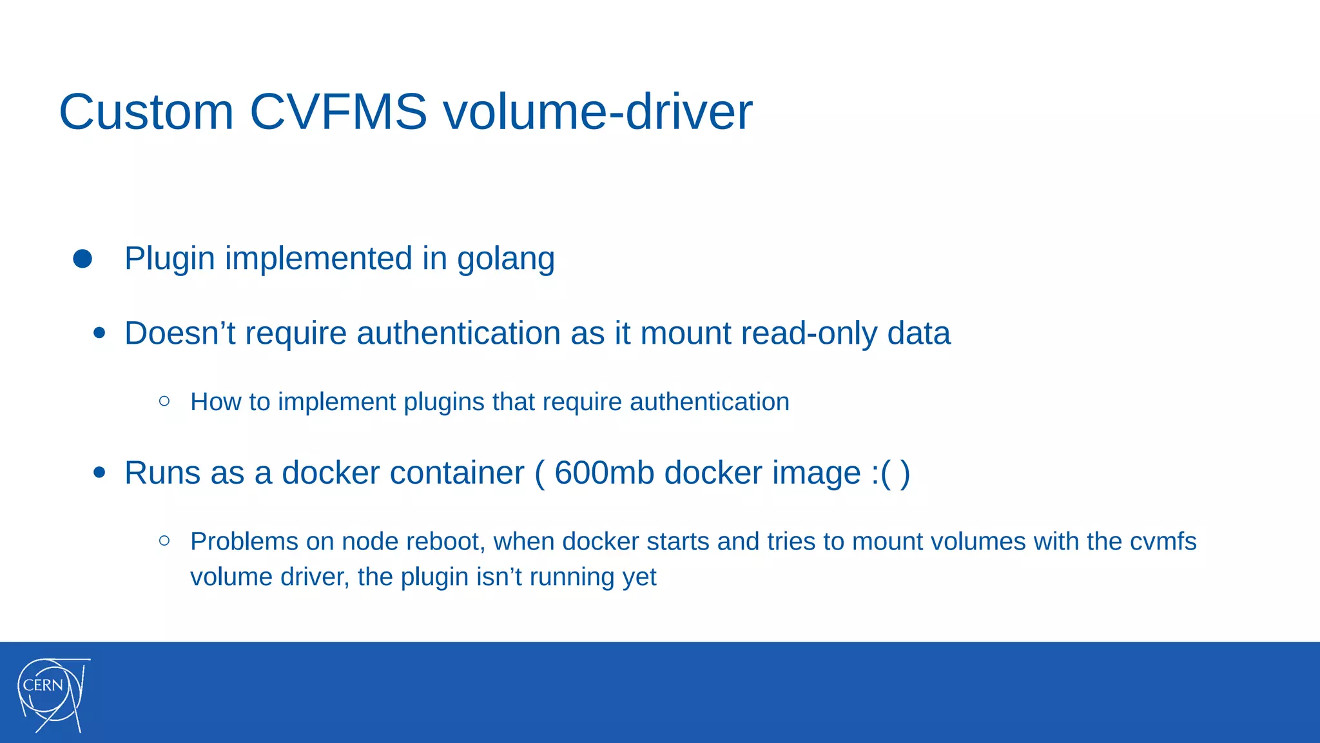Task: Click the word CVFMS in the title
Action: [x=338, y=112]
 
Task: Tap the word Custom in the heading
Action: [x=146, y=112]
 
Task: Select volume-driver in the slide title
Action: [x=597, y=112]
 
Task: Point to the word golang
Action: [x=506, y=259]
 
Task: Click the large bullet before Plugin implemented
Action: [x=82, y=259]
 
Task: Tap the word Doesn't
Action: [x=180, y=333]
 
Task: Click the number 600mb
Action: [x=603, y=473]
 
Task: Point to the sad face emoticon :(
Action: [x=882, y=473]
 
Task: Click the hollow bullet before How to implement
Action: [x=164, y=401]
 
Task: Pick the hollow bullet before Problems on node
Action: [x=164, y=540]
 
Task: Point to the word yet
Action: [x=639, y=577]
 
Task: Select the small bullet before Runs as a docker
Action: [x=99, y=472]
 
